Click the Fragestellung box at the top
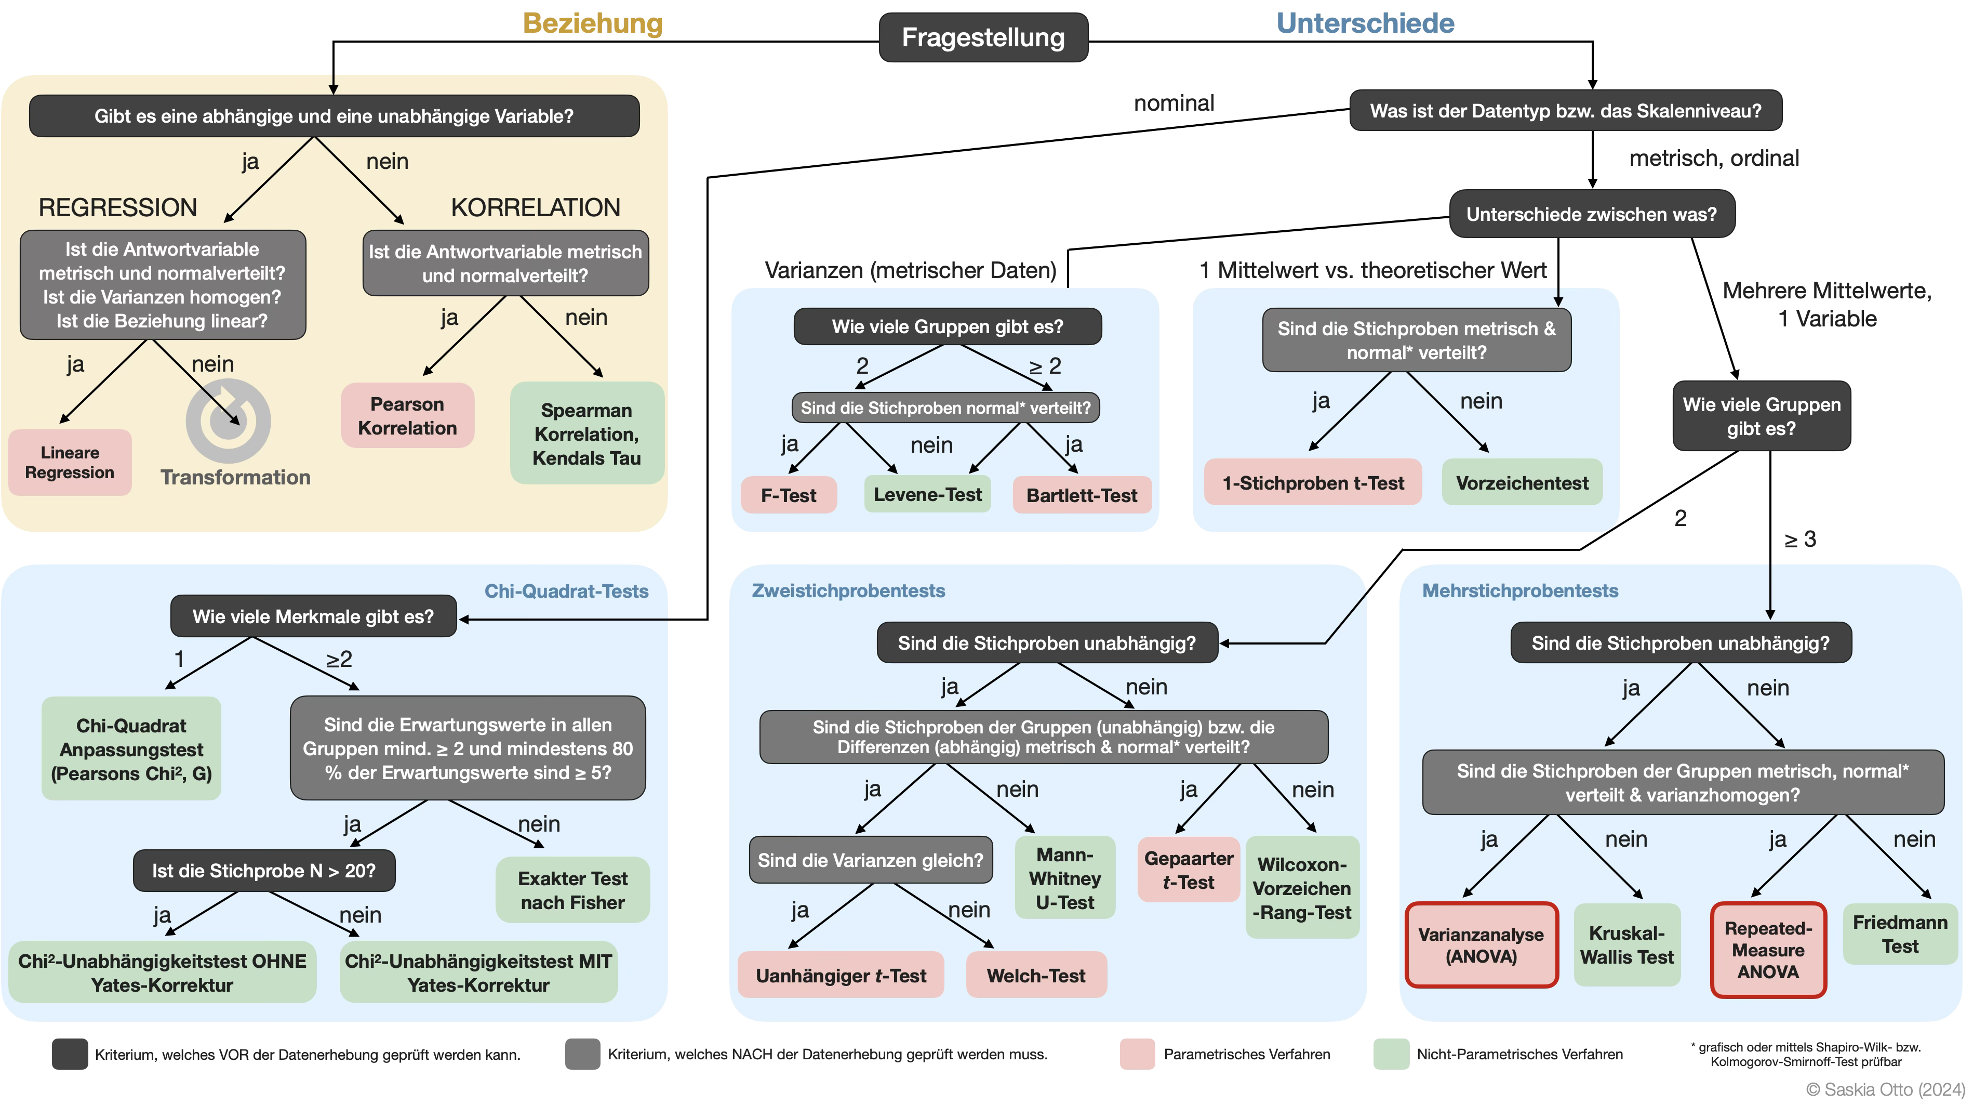(983, 37)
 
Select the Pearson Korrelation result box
(407, 416)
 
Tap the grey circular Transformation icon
(228, 420)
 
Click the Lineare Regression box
(70, 462)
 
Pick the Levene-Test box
(927, 495)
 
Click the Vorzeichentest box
(1522, 483)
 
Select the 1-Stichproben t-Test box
(1313, 483)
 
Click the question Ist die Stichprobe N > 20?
(263, 871)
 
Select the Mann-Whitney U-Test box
(1064, 878)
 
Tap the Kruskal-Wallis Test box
(1627, 944)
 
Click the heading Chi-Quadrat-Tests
(566, 590)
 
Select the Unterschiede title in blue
(1365, 23)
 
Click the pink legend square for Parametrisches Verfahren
(1137, 1054)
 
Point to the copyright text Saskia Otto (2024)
(1885, 1089)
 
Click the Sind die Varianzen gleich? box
(870, 860)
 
